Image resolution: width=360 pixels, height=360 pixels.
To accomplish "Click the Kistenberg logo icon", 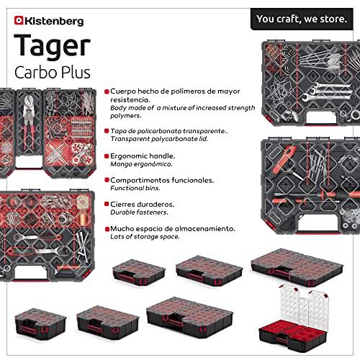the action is point(19,20).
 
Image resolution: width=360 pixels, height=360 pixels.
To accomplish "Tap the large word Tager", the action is point(52,46).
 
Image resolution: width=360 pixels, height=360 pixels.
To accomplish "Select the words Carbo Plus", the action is point(53,72).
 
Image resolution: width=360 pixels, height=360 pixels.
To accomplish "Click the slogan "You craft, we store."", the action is point(302,19).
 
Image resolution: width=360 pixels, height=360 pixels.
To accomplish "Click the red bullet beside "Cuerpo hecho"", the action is point(107,91).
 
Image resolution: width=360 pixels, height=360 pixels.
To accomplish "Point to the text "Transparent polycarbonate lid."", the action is point(159,139).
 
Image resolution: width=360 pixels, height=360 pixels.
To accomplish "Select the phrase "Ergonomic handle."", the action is point(143,156).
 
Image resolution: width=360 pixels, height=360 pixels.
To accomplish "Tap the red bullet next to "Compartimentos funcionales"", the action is point(107,180).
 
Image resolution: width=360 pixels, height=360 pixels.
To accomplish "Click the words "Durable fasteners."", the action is point(139,212).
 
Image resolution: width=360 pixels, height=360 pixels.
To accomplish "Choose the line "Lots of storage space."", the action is point(145,237).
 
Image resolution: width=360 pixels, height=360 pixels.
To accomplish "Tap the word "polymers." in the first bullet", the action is point(126,116).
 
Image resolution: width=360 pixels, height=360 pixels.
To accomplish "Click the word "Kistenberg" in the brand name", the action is point(54,21).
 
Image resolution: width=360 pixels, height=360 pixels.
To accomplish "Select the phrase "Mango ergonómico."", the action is point(141,164).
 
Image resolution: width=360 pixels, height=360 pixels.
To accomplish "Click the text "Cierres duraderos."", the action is point(143,204).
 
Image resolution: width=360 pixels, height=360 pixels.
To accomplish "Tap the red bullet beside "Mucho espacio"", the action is point(107,229).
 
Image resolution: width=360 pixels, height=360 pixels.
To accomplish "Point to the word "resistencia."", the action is point(130,99).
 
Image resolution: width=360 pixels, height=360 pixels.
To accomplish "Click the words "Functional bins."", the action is point(135,188).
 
